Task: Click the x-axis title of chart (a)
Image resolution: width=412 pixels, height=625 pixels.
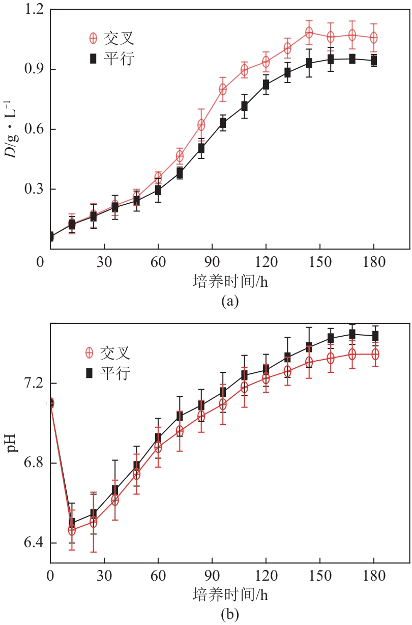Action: coord(230,281)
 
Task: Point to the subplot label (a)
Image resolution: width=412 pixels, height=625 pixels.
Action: coord(229,302)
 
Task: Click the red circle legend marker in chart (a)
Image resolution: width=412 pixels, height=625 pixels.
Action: coord(93,39)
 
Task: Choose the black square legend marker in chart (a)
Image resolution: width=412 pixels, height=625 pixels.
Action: coord(93,59)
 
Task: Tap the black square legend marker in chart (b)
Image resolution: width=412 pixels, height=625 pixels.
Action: coord(89,373)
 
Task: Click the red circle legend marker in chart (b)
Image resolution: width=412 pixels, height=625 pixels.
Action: coord(89,352)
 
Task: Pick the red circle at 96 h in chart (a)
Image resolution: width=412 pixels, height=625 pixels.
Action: coord(223,89)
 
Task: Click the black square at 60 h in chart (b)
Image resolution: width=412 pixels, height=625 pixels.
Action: coord(158,438)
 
